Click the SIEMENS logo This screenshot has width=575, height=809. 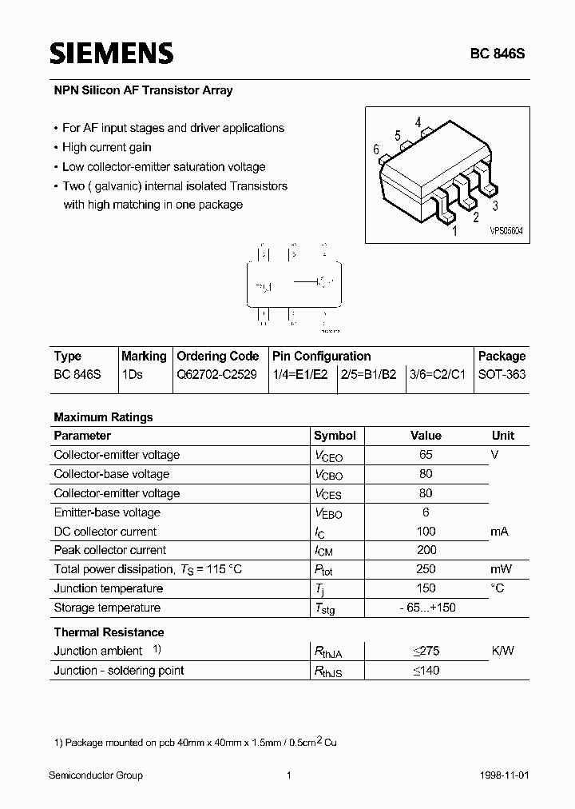click(x=111, y=54)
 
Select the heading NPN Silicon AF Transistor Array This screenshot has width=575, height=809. click(x=143, y=90)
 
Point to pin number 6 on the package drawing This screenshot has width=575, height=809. click(x=376, y=149)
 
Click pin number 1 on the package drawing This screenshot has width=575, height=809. click(x=454, y=232)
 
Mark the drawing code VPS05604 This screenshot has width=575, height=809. click(x=506, y=229)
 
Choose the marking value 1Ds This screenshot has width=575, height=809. click(x=132, y=374)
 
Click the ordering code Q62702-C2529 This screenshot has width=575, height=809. click(x=216, y=374)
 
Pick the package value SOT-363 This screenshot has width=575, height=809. click(x=502, y=374)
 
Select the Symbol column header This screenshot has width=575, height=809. click(x=335, y=436)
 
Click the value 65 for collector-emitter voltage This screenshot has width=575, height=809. click(x=426, y=454)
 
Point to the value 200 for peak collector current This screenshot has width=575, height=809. click(x=426, y=550)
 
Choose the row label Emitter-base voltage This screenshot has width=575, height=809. click(x=107, y=512)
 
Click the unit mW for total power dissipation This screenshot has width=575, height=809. click(x=502, y=569)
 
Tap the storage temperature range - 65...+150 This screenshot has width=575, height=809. click(x=426, y=608)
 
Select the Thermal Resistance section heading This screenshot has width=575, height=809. click(x=108, y=632)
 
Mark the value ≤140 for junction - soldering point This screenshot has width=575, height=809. click(x=426, y=670)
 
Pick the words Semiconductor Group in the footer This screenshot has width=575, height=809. click(x=96, y=775)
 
